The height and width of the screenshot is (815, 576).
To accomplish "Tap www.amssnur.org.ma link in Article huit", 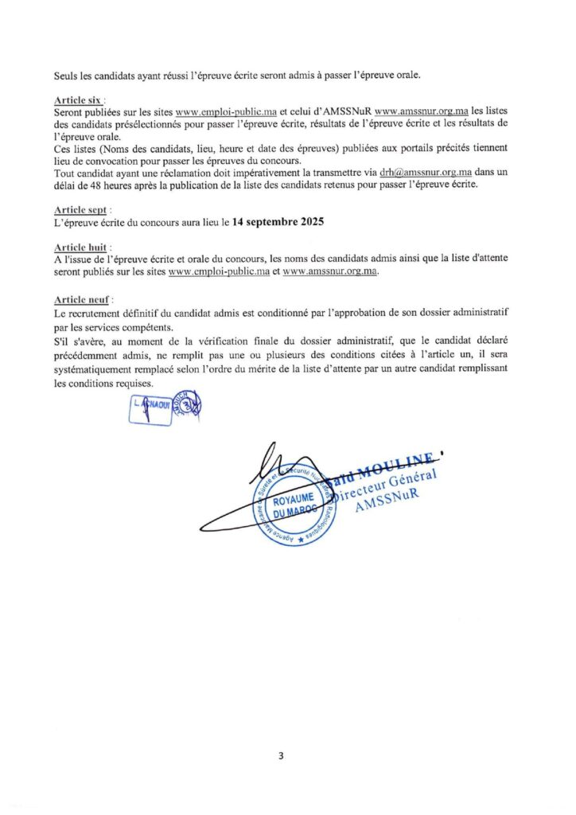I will [x=329, y=271].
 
